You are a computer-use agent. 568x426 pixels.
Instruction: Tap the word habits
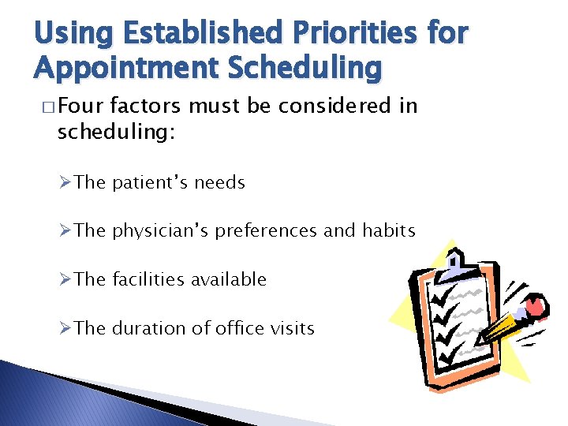[x=388, y=230]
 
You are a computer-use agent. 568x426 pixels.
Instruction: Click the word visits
[x=292, y=328]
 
